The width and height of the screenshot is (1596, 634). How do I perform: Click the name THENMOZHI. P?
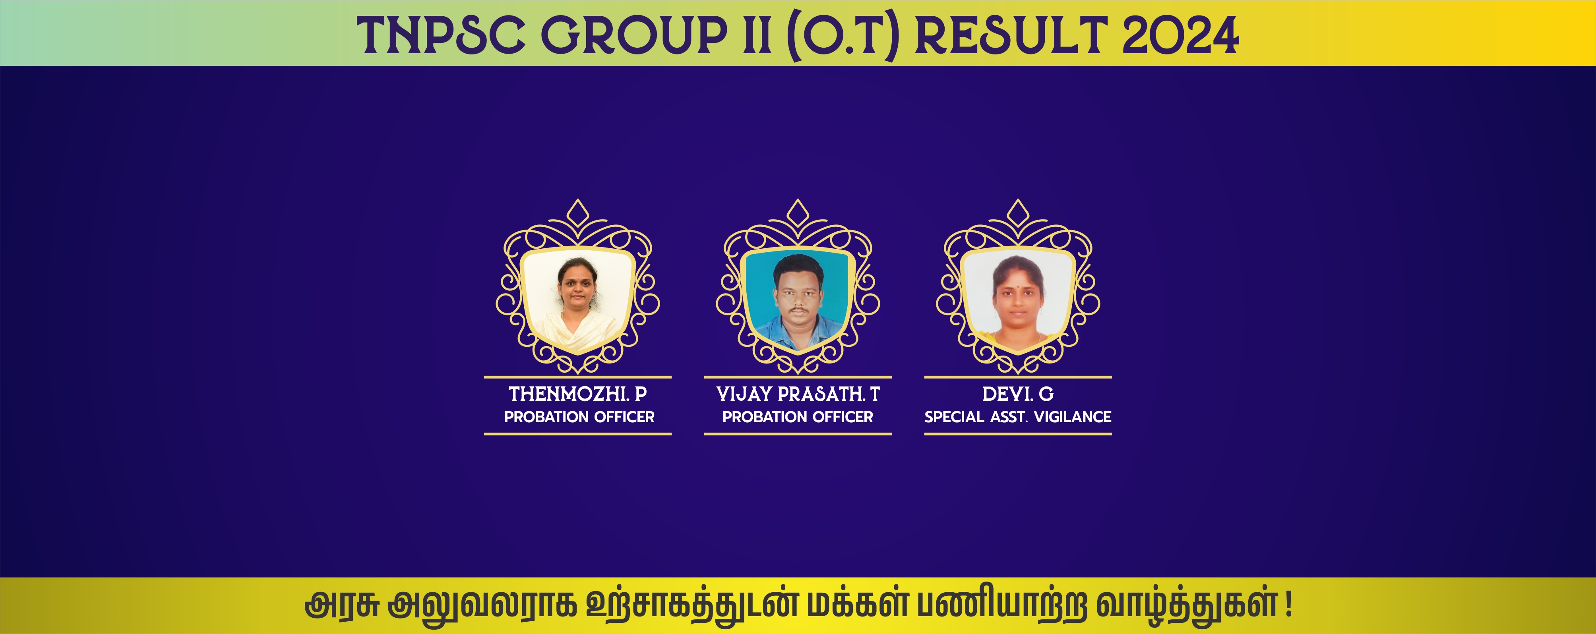[x=577, y=394]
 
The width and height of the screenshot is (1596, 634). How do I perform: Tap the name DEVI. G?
[x=1018, y=394]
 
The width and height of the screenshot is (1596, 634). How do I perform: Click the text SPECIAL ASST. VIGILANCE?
[x=1018, y=417]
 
